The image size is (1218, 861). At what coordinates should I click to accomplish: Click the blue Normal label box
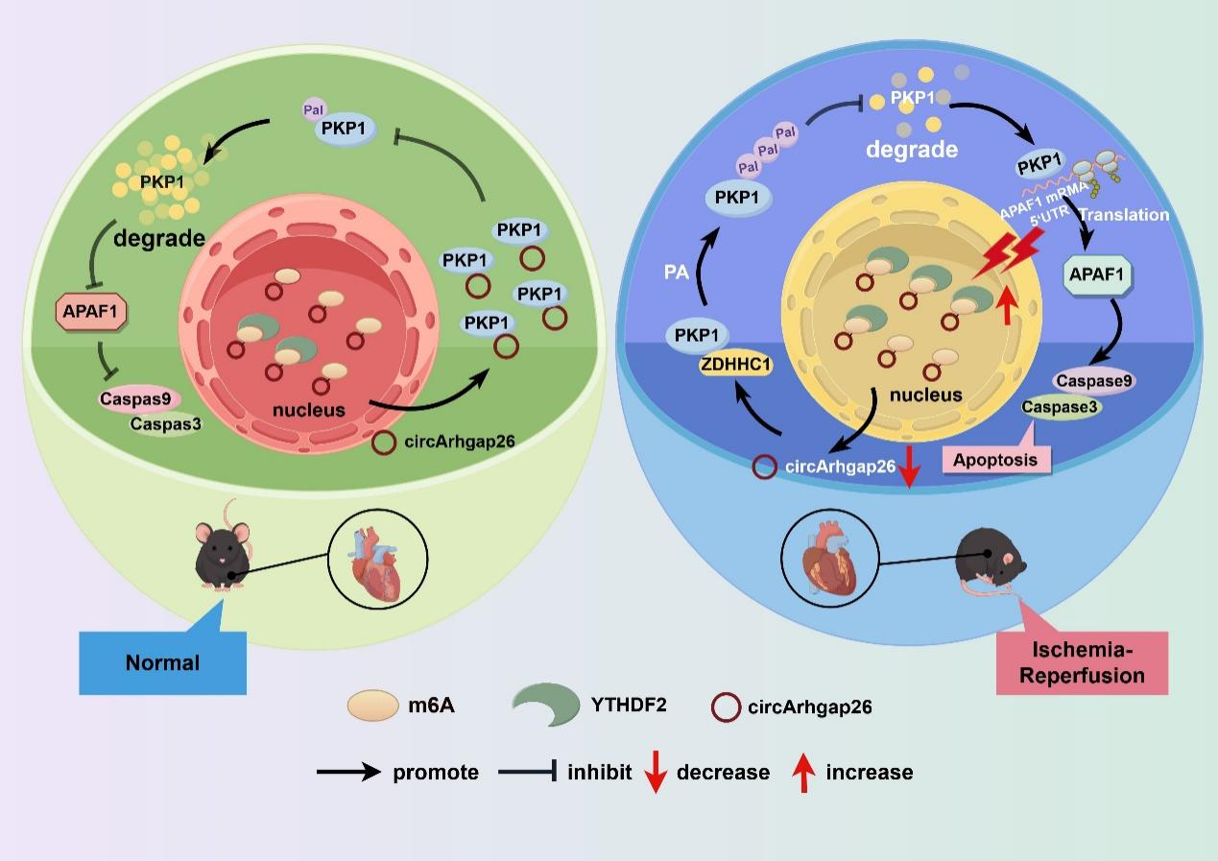(x=162, y=661)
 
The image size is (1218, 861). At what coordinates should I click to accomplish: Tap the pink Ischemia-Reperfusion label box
(x=1082, y=662)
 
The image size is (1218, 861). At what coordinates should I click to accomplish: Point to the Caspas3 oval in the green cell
(x=164, y=422)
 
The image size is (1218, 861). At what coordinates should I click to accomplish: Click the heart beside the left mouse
(x=370, y=567)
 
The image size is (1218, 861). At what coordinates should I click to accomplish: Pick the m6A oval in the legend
(x=372, y=706)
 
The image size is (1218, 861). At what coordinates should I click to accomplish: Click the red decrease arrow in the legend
(x=656, y=771)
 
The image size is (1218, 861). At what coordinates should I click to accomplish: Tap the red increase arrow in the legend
(x=804, y=771)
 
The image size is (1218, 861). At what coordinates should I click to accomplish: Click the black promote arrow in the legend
(x=348, y=772)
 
